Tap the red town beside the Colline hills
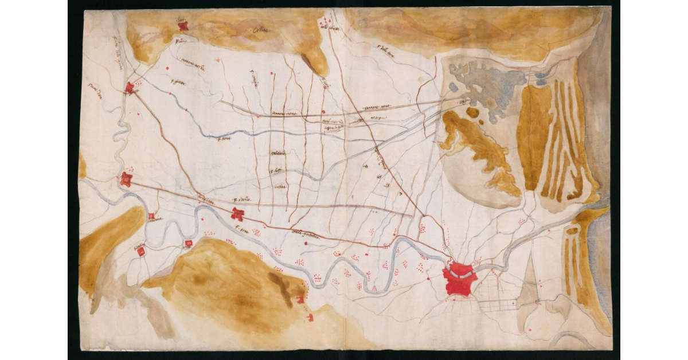(183, 26)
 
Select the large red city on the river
(460, 279)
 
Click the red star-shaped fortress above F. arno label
(237, 215)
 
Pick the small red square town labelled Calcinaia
(151, 217)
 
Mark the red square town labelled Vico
(187, 243)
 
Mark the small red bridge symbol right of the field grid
(537, 302)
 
